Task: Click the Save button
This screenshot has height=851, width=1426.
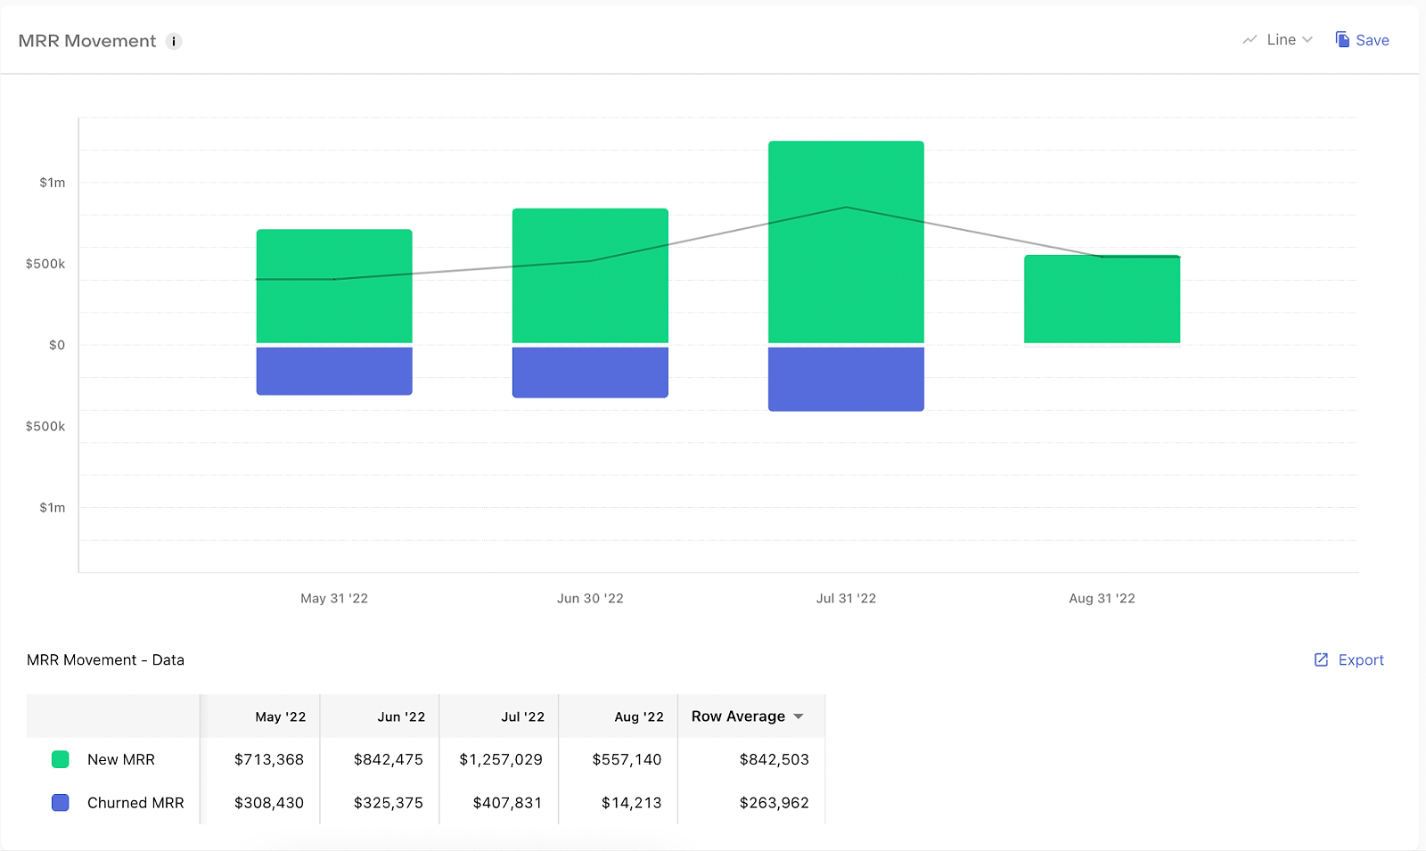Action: tap(1363, 40)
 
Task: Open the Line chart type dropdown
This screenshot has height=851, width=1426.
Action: tap(1278, 40)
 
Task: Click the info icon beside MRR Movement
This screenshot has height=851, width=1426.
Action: tap(173, 41)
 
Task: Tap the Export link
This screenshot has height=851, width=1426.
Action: tap(1349, 660)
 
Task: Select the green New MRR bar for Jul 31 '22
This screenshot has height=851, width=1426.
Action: tap(846, 241)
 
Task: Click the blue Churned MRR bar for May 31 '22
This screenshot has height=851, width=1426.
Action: tap(334, 371)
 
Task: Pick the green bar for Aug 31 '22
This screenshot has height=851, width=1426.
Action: tap(1102, 299)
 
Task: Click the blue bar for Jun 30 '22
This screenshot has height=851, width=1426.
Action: tap(590, 372)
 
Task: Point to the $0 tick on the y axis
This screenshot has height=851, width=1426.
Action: tap(57, 345)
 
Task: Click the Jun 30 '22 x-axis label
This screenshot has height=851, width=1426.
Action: tap(590, 598)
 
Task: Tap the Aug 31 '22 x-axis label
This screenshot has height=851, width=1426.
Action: tap(1102, 598)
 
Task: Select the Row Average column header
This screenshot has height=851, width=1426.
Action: tap(739, 716)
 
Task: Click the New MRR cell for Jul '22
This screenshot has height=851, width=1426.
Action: tap(501, 759)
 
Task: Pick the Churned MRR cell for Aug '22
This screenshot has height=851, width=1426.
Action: tap(632, 803)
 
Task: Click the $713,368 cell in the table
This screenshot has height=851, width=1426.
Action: tap(269, 759)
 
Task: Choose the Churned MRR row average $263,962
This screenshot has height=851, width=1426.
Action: tap(774, 803)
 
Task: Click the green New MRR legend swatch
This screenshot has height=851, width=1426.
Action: tap(61, 759)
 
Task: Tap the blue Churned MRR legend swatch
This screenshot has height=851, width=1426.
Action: tap(61, 803)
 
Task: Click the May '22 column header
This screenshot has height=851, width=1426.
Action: tap(281, 716)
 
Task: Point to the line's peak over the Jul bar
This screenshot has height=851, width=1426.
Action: tap(846, 207)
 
